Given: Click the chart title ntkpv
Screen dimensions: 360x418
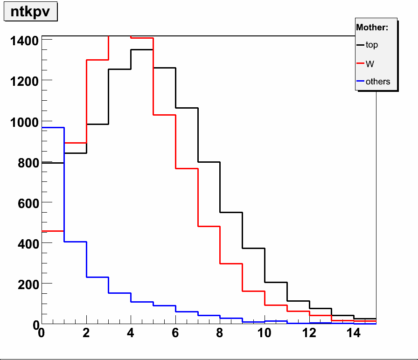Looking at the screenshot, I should point(30,12).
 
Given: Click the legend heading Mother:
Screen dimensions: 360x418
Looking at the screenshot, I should point(372,28).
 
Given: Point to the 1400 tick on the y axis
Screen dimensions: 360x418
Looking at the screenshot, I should point(22,41).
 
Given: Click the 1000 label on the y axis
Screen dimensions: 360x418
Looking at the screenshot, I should point(22,122).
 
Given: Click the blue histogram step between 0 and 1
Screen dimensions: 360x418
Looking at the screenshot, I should point(53,127).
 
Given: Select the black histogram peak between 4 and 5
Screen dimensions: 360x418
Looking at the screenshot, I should point(142,49).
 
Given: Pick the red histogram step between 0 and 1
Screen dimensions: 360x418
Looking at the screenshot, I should point(53,231).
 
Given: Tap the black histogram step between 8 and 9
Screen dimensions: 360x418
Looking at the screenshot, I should point(231,212).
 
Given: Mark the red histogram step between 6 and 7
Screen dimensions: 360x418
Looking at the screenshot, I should point(187,168).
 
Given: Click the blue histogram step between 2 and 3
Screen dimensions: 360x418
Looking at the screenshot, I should point(98,277).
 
